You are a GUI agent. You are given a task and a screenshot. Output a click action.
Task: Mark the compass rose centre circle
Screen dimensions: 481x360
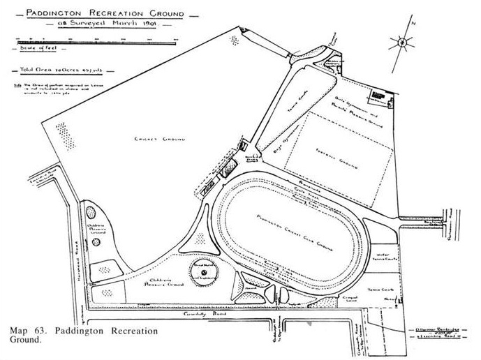[x=404, y=43]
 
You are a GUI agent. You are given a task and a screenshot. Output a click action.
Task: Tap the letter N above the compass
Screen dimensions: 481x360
[x=414, y=23]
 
